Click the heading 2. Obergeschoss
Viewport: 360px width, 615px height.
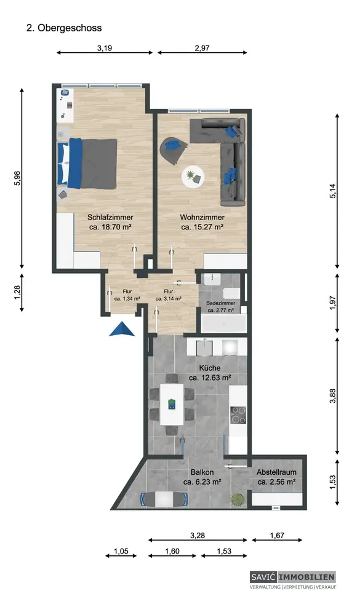coord(64,28)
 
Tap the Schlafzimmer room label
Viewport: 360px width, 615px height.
coord(110,217)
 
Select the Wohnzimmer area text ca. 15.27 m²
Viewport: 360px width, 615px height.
coord(202,227)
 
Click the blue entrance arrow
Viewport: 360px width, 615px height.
coord(122,329)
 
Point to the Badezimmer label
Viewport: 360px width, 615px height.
coord(221,303)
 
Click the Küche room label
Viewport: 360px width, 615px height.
coord(210,368)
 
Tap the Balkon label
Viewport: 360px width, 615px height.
coord(202,472)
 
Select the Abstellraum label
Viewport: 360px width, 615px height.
coord(276,472)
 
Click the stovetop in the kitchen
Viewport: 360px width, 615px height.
coord(238,415)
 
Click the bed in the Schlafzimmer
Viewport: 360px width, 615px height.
coord(87,164)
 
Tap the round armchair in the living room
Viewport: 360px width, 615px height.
coord(172,149)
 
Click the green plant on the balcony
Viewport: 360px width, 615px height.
coord(238,499)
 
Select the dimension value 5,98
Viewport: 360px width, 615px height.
coord(17,178)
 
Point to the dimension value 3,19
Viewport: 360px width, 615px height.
coord(105,49)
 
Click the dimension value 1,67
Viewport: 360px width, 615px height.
coord(277,535)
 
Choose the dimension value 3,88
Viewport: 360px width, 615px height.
coord(333,396)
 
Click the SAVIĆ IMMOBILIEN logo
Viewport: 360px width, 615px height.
coord(293,577)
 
